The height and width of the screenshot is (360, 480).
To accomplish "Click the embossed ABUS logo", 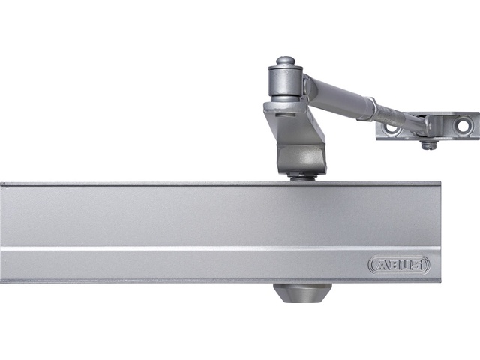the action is coord(399,265).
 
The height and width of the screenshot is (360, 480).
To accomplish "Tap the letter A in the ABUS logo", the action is coord(381,265).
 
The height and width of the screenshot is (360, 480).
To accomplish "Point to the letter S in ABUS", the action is coord(418,265).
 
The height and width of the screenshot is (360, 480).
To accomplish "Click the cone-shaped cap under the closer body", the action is coord(302,292).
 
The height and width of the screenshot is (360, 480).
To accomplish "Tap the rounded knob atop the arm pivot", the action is coord(285,61).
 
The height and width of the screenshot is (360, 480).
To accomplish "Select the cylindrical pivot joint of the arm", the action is coord(285,80).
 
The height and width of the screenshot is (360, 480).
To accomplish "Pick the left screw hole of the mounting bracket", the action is coord(391,128).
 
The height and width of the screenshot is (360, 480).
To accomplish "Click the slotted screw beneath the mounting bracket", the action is coord(427,145).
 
